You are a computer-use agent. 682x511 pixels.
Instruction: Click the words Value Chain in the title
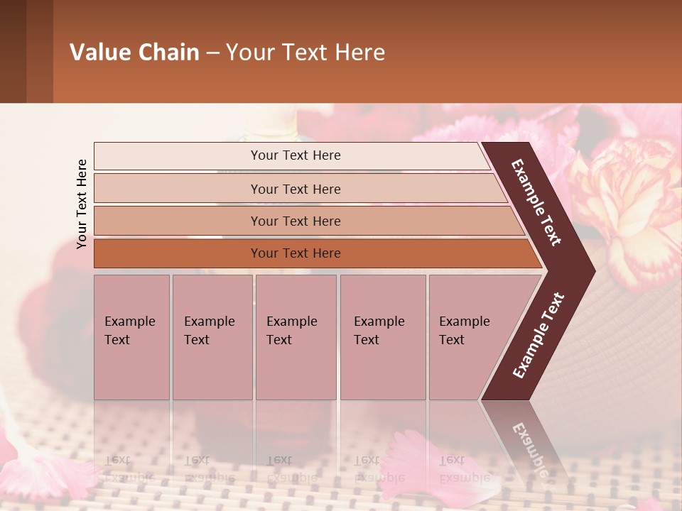tap(134, 53)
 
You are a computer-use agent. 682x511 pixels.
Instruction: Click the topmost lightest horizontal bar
tap(213, 155)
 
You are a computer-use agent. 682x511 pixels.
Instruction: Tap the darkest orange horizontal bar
tap(178, 253)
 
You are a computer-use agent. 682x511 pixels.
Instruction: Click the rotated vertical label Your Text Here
tap(82, 204)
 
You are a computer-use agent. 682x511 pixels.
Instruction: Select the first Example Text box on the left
tap(131, 336)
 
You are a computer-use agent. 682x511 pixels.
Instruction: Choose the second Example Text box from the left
tap(212, 336)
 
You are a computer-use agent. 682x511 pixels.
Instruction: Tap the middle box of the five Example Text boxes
tap(296, 336)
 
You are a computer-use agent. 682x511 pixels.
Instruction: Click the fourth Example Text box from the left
tap(383, 336)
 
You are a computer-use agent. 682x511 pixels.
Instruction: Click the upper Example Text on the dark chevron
tap(536, 202)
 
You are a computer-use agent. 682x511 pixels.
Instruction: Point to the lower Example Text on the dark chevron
tap(538, 335)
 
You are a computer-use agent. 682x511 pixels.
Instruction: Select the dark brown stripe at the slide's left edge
tap(13, 51)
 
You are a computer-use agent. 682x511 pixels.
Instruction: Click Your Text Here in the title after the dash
tap(305, 53)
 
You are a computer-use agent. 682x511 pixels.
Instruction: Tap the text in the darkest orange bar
tap(296, 253)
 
